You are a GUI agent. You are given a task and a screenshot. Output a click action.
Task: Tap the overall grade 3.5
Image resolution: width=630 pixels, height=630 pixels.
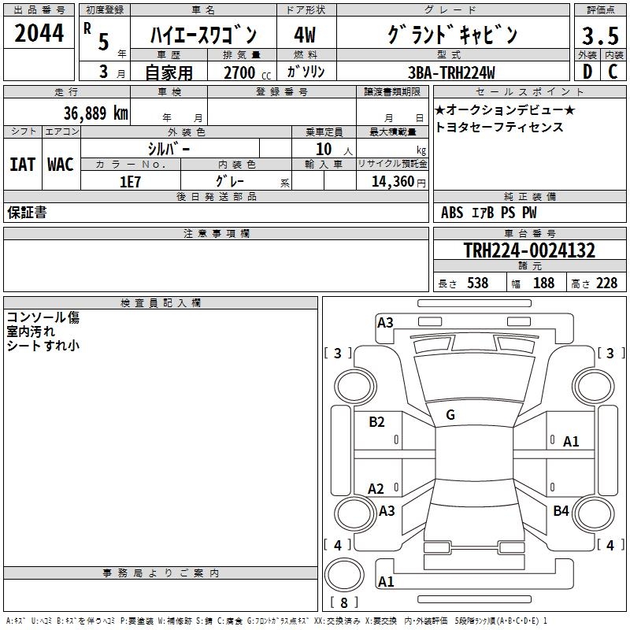(x=598, y=35)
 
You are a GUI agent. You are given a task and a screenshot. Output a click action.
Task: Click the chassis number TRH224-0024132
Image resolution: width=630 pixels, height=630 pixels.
(x=529, y=250)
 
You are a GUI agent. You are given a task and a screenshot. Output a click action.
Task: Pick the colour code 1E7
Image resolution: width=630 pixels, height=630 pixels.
(x=130, y=181)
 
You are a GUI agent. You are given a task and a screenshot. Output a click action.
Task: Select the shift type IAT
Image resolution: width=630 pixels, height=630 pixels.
(x=22, y=164)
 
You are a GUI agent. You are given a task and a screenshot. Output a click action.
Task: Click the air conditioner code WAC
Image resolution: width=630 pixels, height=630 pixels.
(x=60, y=164)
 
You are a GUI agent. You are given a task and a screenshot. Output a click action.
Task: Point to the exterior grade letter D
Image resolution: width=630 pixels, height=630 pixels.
(x=587, y=72)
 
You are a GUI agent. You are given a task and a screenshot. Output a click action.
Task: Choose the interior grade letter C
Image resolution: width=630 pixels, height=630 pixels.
(x=613, y=72)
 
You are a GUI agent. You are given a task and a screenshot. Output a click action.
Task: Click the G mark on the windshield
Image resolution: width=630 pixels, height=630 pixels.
(x=450, y=415)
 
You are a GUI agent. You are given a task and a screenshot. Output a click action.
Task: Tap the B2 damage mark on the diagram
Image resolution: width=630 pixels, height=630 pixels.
(x=376, y=422)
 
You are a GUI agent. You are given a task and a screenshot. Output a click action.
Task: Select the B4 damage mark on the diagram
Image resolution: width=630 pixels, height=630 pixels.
(x=561, y=511)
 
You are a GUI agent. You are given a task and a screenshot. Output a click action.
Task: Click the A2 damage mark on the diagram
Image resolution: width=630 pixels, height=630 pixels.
(x=376, y=489)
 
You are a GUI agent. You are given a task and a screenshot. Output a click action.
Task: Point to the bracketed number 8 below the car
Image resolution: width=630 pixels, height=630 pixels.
(x=343, y=603)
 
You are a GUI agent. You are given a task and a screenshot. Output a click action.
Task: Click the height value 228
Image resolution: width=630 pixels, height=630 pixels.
(x=606, y=283)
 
